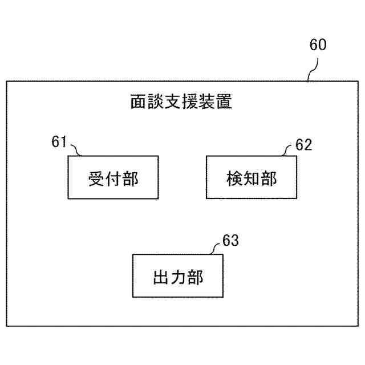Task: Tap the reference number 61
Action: coord(59,142)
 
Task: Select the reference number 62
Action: coord(304,145)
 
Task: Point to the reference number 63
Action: coord(230,240)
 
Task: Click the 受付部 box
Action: coord(113,177)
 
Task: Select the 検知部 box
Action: coord(251,177)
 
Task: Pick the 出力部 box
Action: coord(178,277)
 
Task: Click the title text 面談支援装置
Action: coord(181,103)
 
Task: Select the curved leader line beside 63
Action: coord(216,248)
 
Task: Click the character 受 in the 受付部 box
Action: coord(96,178)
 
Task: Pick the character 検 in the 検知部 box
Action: coord(234,178)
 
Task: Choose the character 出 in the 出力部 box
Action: coord(161,278)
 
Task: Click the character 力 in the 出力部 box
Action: coord(178,278)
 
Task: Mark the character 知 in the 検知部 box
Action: coord(251,178)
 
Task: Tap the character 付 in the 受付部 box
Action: coord(113,178)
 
